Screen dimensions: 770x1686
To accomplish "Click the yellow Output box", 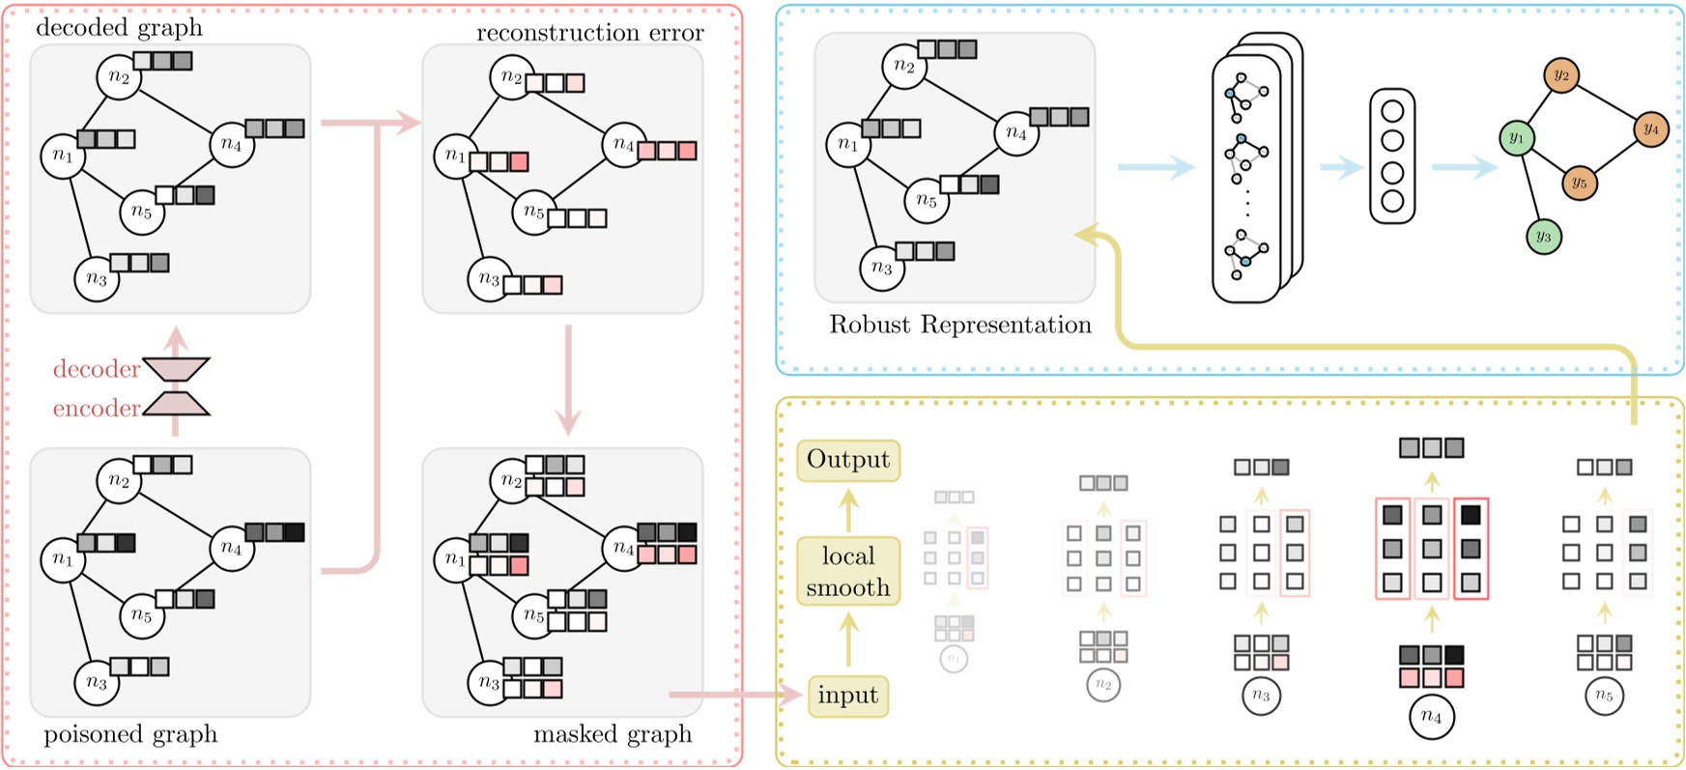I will pos(848,460).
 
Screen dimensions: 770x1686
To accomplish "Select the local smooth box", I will pos(848,572).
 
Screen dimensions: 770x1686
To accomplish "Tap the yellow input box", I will pos(847,696).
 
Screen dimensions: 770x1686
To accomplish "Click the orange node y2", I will pos(1561,74).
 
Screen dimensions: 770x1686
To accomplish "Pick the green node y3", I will pos(1544,237).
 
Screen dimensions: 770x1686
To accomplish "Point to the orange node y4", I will pos(1651,128).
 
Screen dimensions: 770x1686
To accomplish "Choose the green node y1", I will pos(1517,138).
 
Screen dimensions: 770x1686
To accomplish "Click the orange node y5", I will pos(1579,183).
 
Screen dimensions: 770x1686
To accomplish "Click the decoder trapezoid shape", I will pos(176,369).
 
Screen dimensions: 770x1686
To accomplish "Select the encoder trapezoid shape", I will pos(176,404).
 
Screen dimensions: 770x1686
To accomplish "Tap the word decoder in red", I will pos(96,369).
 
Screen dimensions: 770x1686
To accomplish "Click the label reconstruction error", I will pos(589,33).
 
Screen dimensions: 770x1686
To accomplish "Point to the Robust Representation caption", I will pos(959,325).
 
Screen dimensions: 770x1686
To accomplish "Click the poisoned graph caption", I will pos(130,734).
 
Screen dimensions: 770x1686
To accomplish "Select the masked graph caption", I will pos(613,734).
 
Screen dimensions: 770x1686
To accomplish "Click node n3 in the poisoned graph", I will pos(97,683).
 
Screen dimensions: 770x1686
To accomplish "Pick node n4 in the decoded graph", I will pos(232,145).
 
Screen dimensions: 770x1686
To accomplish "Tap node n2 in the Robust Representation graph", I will pos(904,66).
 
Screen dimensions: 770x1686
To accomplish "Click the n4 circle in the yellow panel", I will pos(1431,717).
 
